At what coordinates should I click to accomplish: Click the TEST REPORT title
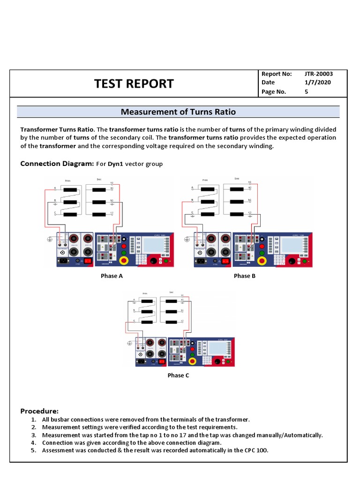[x=134, y=83]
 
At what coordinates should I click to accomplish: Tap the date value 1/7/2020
[x=314, y=82]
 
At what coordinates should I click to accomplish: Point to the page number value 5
[x=306, y=92]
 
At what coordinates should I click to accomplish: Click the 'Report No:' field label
[x=277, y=74]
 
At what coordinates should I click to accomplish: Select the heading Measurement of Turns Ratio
[x=178, y=112]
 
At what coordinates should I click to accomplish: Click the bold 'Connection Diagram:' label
[x=57, y=164]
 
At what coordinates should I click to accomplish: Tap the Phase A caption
[x=112, y=276]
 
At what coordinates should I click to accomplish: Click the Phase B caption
[x=245, y=276]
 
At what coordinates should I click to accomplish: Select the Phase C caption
[x=178, y=375]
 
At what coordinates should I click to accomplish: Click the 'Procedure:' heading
[x=39, y=411]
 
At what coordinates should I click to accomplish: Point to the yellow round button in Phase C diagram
[x=192, y=361]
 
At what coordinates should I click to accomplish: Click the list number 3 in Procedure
[x=33, y=435]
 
